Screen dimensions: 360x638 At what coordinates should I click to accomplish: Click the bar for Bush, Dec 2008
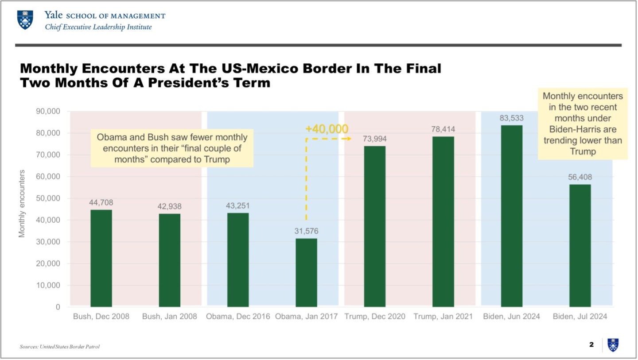pyautogui.click(x=101, y=258)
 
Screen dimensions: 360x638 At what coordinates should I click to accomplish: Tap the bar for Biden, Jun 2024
pyautogui.click(x=512, y=216)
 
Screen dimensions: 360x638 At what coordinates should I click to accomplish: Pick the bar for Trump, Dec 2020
pyautogui.click(x=375, y=226)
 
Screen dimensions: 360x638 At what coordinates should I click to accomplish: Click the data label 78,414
pyautogui.click(x=443, y=129)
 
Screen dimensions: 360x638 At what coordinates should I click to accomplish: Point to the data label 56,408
pyautogui.click(x=580, y=177)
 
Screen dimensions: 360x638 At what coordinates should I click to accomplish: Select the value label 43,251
pyautogui.click(x=238, y=206)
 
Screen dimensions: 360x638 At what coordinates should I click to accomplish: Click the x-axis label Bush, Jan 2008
pyautogui.click(x=170, y=317)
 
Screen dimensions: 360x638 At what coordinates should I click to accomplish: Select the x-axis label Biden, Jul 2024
pyautogui.click(x=580, y=317)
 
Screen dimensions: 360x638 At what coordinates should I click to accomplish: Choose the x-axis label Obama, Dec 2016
pyautogui.click(x=238, y=317)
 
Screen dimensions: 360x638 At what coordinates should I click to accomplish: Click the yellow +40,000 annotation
pyautogui.click(x=327, y=129)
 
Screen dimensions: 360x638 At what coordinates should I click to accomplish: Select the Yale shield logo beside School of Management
pyautogui.click(x=25, y=20)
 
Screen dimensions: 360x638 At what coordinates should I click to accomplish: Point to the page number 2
pyautogui.click(x=591, y=345)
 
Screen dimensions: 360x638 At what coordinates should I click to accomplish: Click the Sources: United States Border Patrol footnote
pyautogui.click(x=60, y=346)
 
